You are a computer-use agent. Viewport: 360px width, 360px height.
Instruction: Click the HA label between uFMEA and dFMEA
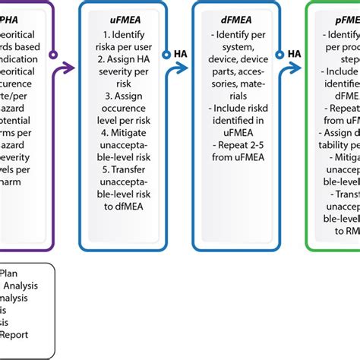[x=181, y=53]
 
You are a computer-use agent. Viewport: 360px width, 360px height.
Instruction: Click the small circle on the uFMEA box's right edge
[x=167, y=53]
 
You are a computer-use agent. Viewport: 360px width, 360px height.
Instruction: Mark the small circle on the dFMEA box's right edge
[x=279, y=53]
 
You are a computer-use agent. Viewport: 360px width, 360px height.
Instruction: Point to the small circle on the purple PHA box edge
[x=53, y=53]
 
